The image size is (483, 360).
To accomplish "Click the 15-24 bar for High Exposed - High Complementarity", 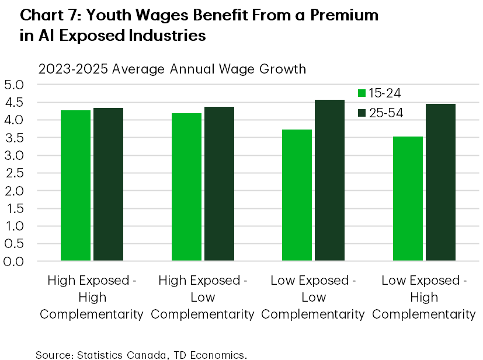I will pos(76,186).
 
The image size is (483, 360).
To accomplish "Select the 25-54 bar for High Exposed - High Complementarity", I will pos(108,184).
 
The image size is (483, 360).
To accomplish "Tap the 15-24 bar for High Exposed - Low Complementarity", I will pos(186,187).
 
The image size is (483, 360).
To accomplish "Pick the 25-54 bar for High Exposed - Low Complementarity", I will pos(219,184).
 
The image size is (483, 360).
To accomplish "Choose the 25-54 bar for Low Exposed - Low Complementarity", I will pos(329,180).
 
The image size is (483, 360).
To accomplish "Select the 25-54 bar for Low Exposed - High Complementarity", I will pos(440,182).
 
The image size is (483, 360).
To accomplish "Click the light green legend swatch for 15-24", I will pos(362,93).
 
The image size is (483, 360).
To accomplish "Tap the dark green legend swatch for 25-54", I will pos(362,113).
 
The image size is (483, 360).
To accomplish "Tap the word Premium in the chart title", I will pos(342,16).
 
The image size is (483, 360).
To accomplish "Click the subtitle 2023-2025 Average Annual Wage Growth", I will pos(172,69).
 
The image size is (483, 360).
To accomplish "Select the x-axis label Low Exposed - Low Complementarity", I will pos(313,297).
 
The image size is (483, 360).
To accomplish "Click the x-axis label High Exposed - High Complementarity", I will pos(92,297).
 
